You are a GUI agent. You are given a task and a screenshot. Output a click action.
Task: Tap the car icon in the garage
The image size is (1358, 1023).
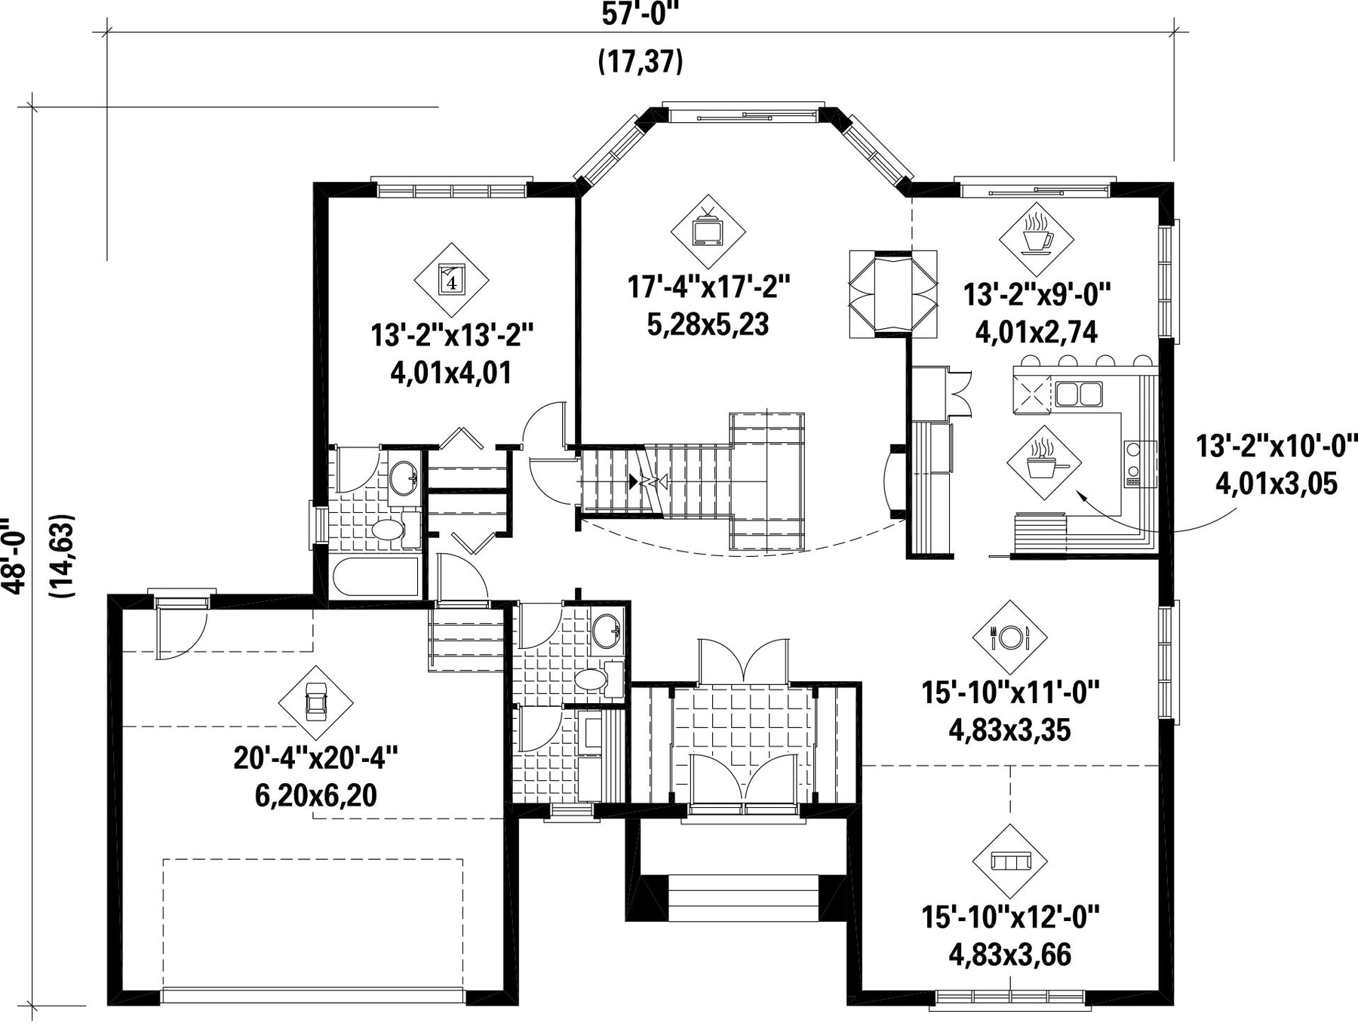[x=315, y=702]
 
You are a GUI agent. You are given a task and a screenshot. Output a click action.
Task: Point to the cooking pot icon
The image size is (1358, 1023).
[x=1043, y=462]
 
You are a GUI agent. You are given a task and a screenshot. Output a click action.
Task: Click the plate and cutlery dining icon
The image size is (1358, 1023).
[x=1009, y=637]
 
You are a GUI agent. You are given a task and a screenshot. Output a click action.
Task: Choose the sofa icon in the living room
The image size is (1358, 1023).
[x=1009, y=861]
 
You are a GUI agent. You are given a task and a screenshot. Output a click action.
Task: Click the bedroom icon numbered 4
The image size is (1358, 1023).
[x=451, y=280]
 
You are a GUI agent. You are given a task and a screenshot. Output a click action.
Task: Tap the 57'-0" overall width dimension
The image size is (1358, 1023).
[x=635, y=14]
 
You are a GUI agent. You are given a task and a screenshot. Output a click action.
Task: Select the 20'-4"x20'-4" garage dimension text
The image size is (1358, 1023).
[x=315, y=757]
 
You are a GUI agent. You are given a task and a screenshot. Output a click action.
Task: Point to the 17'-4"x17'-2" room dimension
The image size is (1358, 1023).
[x=708, y=287]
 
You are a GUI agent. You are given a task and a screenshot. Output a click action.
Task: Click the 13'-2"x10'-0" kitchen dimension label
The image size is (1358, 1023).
[x=1277, y=445]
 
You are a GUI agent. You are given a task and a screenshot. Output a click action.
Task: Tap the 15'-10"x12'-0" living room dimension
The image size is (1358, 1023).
[x=1010, y=917]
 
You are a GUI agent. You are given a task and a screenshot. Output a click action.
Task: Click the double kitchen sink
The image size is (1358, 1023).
[x=1079, y=394]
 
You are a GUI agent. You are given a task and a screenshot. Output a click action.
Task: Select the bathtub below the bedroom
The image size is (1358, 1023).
[x=376, y=577]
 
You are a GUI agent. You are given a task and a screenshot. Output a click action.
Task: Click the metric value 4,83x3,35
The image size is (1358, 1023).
[x=1009, y=730]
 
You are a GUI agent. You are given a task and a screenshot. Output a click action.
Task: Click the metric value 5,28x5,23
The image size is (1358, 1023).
[x=708, y=324]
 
